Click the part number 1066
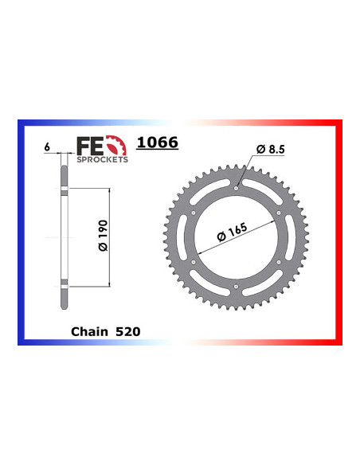tap(158, 143)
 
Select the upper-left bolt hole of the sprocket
tap(194, 213)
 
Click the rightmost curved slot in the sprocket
tap(295, 238)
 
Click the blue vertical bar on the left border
tap(21, 231)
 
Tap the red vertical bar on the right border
tap(338, 231)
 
